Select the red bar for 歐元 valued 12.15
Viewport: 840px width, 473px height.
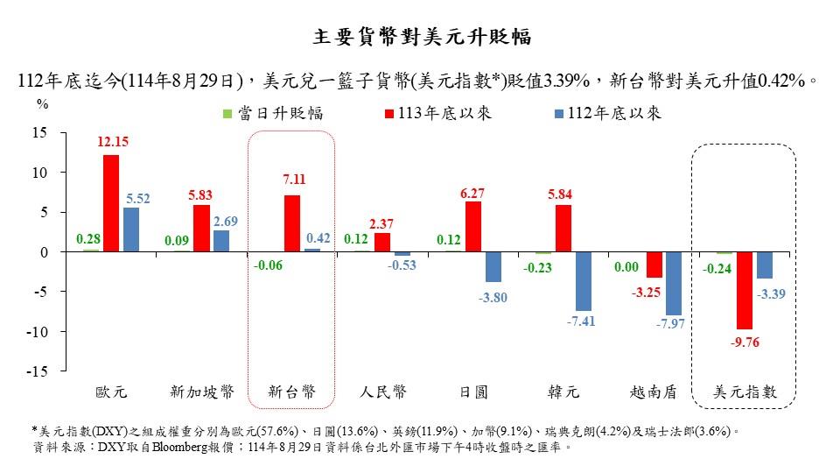pos(111,203)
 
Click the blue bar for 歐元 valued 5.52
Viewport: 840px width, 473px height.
pos(131,229)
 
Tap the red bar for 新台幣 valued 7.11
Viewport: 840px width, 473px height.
pos(293,223)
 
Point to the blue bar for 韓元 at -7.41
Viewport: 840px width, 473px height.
pos(584,281)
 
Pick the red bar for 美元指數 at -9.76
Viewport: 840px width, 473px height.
pos(744,290)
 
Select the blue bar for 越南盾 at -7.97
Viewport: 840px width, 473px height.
pos(674,283)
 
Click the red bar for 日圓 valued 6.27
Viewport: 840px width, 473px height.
pos(472,227)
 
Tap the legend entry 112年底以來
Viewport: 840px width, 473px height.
pos(608,113)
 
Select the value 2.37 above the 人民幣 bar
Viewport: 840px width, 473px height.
pos(382,223)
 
